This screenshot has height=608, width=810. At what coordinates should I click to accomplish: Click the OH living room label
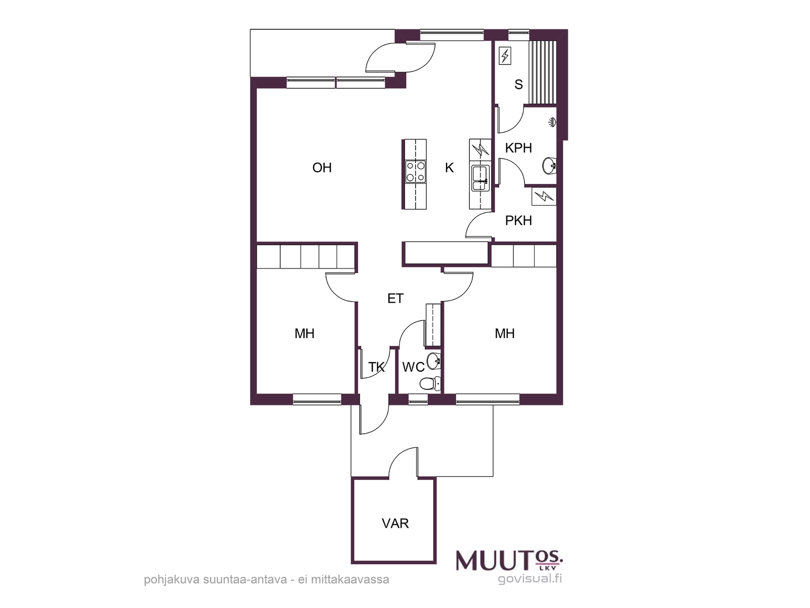pos(322,168)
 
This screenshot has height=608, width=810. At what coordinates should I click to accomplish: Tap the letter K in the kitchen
pos(449,168)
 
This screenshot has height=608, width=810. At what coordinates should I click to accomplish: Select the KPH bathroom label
pos(518,148)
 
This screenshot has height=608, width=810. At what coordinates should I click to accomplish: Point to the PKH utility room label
pos(518,221)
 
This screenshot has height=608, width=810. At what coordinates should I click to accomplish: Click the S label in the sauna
pos(518,85)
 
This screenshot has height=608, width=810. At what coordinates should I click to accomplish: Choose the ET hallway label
pos(395,298)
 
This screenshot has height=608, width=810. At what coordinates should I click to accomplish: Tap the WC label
pos(413,367)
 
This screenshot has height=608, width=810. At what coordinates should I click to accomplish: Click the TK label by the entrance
pos(377,367)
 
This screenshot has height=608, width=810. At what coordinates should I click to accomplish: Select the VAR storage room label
pos(395,523)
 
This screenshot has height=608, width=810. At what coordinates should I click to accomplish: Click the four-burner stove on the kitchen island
pos(415,172)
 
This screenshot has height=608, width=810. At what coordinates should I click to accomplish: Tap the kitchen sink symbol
pos(480,178)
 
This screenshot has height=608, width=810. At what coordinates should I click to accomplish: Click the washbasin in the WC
pos(433,360)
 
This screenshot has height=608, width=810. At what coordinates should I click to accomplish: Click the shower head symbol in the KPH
pos(552,122)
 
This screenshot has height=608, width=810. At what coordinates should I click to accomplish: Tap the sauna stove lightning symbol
pos(505,56)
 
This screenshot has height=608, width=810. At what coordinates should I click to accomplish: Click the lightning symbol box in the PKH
pos(544,196)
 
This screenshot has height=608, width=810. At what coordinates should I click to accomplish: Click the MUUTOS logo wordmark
pos(510,561)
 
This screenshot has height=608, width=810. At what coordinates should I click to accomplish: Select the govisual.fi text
pos(530,579)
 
